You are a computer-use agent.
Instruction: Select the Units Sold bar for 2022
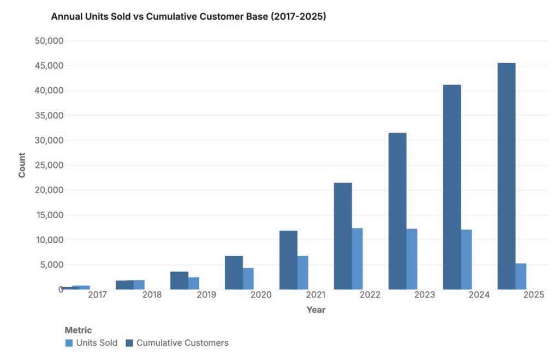[x=357, y=259]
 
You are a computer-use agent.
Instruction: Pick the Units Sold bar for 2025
[x=521, y=277]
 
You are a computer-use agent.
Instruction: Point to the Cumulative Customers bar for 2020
[x=234, y=273]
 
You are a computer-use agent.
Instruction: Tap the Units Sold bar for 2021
[x=302, y=273]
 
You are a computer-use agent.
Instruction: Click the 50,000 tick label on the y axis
[x=49, y=41]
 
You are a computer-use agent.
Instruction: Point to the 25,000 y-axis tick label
[x=49, y=165]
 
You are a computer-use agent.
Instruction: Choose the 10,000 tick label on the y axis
[x=49, y=240]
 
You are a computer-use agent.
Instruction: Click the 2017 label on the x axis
[x=97, y=295]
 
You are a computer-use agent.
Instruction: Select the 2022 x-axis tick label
[x=370, y=295]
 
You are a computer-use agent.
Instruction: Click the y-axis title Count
[x=22, y=165]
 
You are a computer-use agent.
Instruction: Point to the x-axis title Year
[x=316, y=310]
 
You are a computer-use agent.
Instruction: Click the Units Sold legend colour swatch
[x=69, y=343]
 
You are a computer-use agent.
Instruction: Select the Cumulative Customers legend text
[x=182, y=343]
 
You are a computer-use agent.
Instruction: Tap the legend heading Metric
[x=78, y=330]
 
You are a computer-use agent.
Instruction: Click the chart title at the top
[x=188, y=17]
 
